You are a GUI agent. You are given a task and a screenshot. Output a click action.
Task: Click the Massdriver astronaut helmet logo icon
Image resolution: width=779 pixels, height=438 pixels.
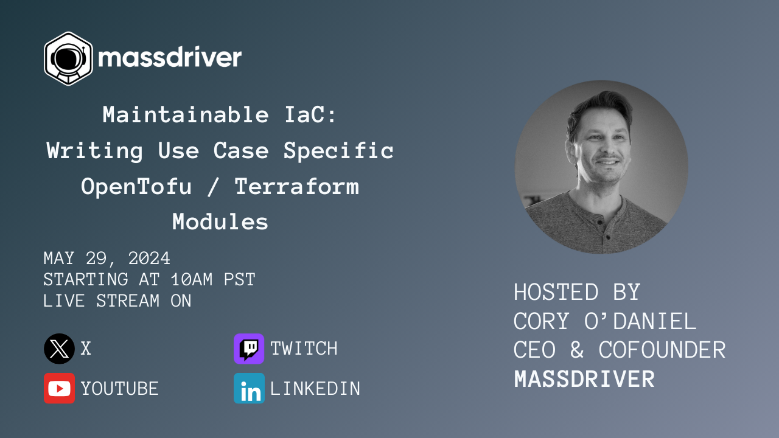tap(68, 58)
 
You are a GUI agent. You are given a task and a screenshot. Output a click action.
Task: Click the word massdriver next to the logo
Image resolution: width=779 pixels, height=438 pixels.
tap(170, 58)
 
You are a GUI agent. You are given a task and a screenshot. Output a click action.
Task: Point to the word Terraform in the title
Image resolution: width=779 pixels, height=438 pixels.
tap(297, 186)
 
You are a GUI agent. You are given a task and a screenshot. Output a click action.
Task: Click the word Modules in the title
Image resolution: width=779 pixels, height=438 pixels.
tap(220, 222)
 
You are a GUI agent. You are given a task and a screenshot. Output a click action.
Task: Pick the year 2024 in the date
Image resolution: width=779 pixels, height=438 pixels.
tap(148, 259)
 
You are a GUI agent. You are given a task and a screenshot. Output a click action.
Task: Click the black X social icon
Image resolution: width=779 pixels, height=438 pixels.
tap(59, 349)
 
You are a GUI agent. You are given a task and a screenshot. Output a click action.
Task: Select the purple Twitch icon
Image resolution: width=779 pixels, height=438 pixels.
tap(249, 349)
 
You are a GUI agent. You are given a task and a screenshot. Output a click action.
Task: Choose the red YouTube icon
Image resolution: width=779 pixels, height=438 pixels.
tap(59, 388)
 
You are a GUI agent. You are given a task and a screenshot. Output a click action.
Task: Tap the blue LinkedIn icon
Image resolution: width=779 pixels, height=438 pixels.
tap(249, 388)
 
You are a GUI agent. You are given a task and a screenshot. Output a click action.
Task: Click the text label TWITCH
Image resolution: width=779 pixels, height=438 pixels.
tap(304, 349)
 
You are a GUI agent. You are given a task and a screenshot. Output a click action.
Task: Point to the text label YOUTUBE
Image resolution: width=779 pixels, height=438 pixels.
tap(120, 389)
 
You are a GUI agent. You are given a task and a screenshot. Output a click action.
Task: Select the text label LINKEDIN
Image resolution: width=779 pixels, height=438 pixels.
tap(315, 389)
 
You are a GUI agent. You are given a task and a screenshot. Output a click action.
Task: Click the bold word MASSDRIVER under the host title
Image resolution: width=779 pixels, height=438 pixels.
tap(584, 379)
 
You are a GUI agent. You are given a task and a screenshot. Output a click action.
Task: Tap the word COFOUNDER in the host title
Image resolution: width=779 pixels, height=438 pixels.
tap(662, 350)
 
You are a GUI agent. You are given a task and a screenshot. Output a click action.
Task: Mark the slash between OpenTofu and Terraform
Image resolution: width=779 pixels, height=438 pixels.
tap(213, 186)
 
